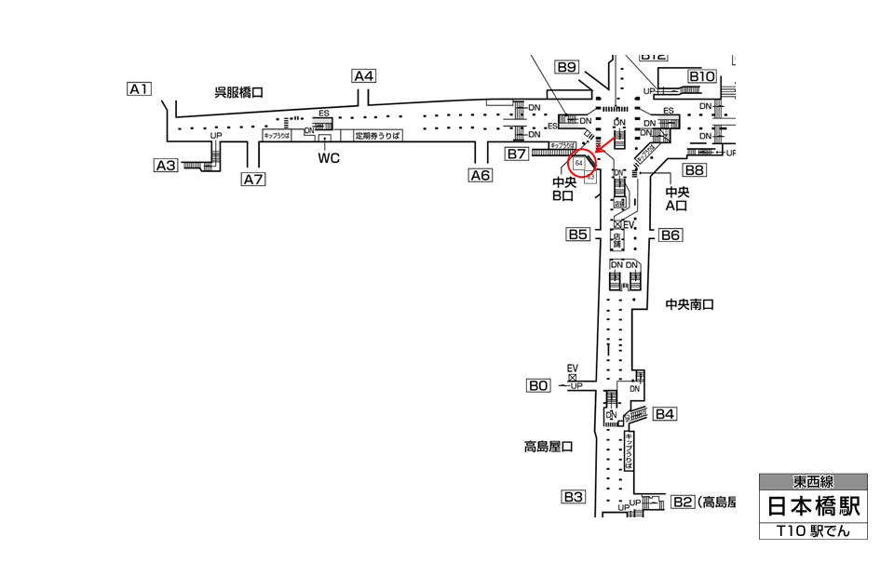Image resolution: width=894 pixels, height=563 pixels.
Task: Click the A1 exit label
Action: click(139, 89)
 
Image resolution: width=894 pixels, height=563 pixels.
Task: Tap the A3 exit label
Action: click(166, 166)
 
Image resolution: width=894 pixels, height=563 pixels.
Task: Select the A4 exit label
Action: click(363, 76)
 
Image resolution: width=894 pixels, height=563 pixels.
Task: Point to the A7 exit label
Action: click(253, 180)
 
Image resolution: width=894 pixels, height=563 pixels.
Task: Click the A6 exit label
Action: click(480, 175)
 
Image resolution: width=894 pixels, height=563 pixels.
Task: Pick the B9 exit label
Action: click(567, 67)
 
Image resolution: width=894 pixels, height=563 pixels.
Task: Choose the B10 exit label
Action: click(701, 76)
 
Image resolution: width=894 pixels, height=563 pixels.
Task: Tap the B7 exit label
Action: click(517, 153)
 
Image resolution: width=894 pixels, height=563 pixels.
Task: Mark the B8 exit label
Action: click(695, 170)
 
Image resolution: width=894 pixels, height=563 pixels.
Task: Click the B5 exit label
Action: click(577, 235)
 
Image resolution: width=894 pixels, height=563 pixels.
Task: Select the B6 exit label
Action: click(670, 235)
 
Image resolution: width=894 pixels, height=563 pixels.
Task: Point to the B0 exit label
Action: click(538, 385)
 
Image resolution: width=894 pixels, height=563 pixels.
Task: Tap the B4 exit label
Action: click(664, 414)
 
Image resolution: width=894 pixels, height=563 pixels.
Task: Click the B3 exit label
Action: click(572, 497)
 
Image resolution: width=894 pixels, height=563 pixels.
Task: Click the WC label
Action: click(329, 158)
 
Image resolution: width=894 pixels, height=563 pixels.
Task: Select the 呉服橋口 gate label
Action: click(239, 92)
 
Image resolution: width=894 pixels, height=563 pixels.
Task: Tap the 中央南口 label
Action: click(689, 304)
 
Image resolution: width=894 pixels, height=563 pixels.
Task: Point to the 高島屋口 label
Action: click(548, 447)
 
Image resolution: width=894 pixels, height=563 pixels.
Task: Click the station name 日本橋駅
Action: click(813, 507)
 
